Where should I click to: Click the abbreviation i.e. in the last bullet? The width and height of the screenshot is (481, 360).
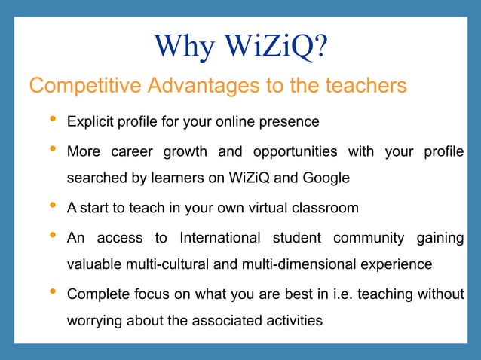click(330, 294)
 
